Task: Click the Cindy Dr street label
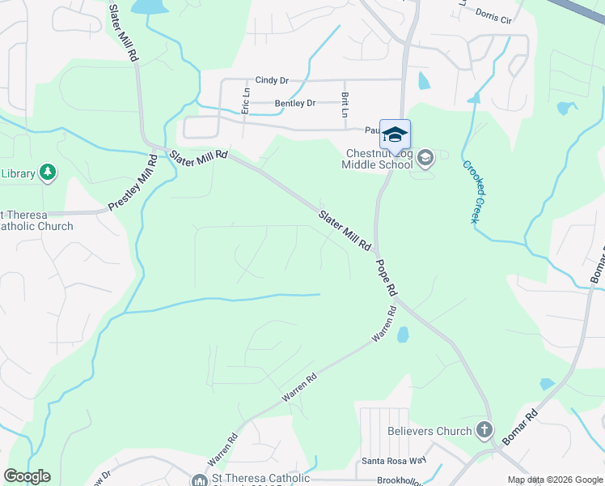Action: (272, 80)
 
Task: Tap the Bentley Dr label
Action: (295, 104)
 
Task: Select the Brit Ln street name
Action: (344, 105)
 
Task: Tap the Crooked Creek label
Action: (476, 193)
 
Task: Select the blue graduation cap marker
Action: (395, 135)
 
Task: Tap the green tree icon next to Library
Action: (49, 172)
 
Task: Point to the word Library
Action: (18, 173)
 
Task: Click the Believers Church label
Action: (429, 431)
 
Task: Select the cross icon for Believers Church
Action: (484, 430)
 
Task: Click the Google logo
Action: (27, 476)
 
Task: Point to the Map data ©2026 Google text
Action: (554, 480)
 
